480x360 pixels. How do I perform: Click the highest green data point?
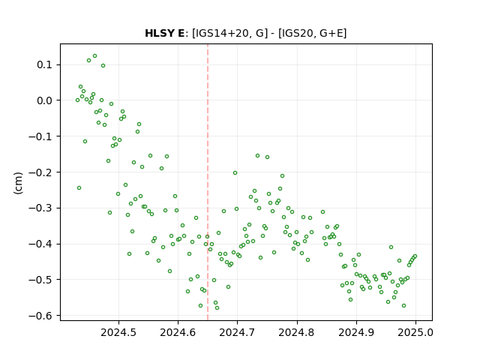click(x=95, y=56)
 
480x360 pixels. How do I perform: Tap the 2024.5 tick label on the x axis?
click(x=118, y=332)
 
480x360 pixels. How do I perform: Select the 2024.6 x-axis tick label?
click(x=178, y=332)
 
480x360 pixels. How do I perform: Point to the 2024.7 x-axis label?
click(x=237, y=332)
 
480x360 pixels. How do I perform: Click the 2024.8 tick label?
click(x=297, y=332)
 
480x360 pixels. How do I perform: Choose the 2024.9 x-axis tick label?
click(x=356, y=332)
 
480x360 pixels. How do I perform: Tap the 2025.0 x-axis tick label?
click(x=415, y=332)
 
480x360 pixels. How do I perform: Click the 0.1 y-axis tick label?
click(x=45, y=65)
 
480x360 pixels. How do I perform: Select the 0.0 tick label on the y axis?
click(x=45, y=100)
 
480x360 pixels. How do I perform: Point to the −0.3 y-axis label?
click(x=41, y=208)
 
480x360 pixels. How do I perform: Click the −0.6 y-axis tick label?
click(x=41, y=316)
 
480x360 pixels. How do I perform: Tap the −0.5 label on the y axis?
click(x=41, y=280)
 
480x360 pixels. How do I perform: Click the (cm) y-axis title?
click(x=18, y=183)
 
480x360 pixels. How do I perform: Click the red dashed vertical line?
click(x=208, y=182)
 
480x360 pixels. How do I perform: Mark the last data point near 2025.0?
click(x=415, y=256)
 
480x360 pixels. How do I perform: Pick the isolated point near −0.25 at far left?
click(x=79, y=188)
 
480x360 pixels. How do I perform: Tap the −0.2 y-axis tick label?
click(x=41, y=172)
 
